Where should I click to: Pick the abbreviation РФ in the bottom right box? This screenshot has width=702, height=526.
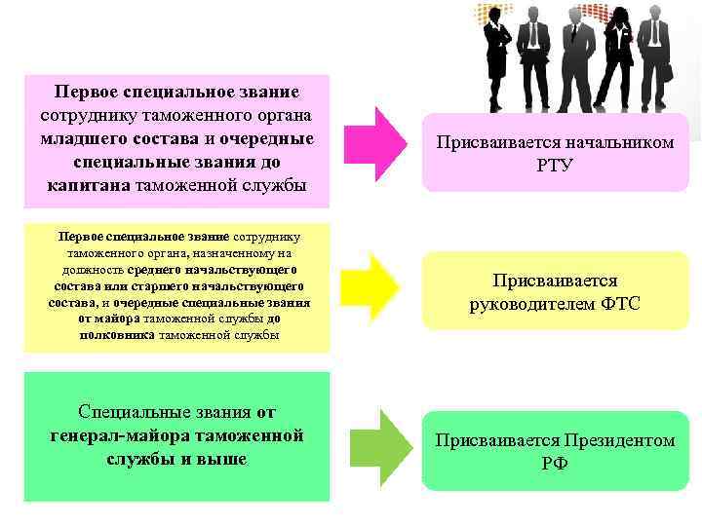554,464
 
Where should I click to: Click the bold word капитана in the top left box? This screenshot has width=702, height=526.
89,184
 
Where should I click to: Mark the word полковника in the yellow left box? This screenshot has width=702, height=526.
116,334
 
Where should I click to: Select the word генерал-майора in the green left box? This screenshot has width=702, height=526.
120,434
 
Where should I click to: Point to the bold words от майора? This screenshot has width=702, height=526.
111,319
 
